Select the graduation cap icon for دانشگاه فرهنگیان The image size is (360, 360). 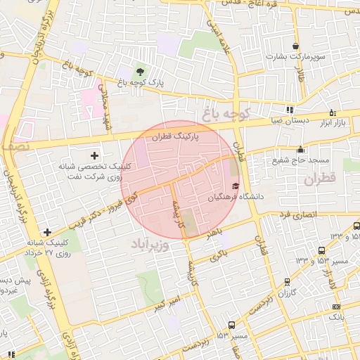click(235, 186)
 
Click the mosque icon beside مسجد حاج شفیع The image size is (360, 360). click(301, 148)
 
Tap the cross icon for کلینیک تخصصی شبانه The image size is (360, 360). click(96, 155)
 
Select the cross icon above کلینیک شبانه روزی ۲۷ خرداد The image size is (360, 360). click(47, 232)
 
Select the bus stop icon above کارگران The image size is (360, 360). click(287, 281)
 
